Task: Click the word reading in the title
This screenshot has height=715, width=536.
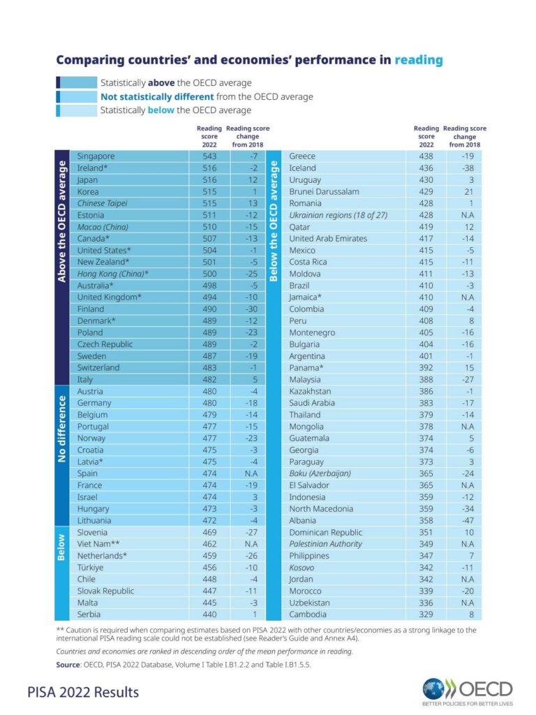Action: pos(419,61)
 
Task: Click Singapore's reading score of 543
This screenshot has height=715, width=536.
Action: pos(209,156)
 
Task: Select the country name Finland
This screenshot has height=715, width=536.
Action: pos(90,309)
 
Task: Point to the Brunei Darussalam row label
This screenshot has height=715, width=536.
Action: pos(324,191)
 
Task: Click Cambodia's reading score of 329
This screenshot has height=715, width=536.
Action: pos(426,614)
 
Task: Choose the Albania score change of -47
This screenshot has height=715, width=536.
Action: pos(468,520)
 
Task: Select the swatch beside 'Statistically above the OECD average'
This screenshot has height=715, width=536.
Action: pos(77,82)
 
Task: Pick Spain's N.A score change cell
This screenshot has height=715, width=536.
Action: pos(251,473)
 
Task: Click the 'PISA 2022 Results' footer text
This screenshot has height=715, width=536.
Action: pos(84,692)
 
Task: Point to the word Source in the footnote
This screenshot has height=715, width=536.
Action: pos(68,665)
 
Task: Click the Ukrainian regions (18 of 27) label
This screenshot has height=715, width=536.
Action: pos(338,215)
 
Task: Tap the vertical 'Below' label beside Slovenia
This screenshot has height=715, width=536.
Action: pos(61,547)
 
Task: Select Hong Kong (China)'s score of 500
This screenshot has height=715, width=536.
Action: pos(209,274)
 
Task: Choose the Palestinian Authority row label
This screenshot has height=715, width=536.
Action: pos(325,544)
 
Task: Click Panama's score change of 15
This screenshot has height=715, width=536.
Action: pos(470,368)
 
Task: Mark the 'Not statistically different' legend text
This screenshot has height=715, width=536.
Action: pos(157,96)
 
